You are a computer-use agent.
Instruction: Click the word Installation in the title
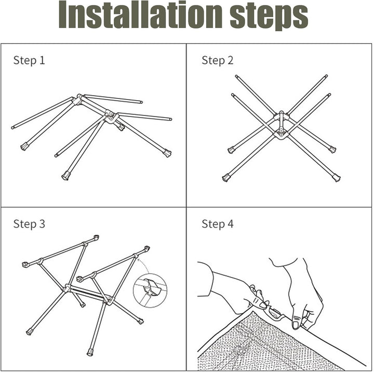(x=141, y=15)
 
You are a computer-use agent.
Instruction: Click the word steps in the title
(x=269, y=17)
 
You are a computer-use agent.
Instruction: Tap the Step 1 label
(x=29, y=60)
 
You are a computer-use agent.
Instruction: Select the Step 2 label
(x=217, y=60)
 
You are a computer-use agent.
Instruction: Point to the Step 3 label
(x=29, y=224)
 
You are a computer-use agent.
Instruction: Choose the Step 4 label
(x=217, y=224)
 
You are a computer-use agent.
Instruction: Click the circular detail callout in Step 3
(x=150, y=290)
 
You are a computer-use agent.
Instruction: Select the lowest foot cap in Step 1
(x=65, y=176)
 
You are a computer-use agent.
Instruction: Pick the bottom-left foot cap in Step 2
(x=226, y=178)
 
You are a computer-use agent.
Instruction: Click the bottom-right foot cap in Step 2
(x=336, y=178)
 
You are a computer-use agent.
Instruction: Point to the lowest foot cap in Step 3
(x=90, y=352)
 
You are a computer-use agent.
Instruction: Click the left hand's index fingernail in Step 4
(x=263, y=304)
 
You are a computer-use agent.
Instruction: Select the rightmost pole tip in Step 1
(x=170, y=119)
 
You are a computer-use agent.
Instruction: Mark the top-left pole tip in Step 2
(x=236, y=76)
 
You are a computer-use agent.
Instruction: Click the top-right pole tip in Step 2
(x=327, y=76)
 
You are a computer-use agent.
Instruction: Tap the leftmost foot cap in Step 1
(x=24, y=147)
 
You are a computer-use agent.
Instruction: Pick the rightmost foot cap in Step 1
(x=167, y=153)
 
